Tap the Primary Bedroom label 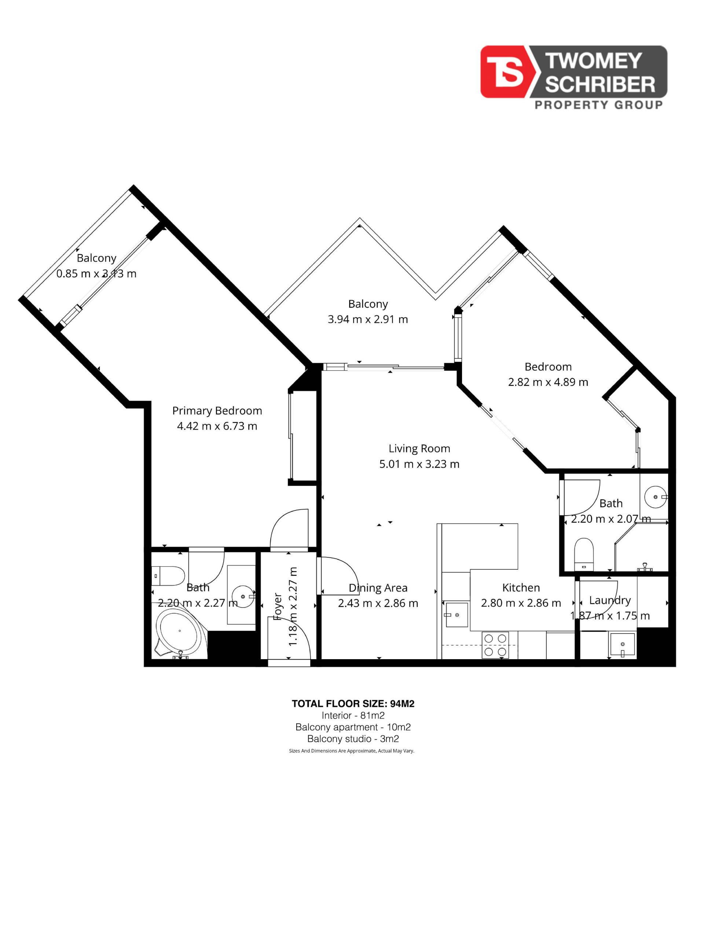[217, 410]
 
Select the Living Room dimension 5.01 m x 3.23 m [419, 464]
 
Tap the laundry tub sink [622, 645]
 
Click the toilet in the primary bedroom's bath [168, 576]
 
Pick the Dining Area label [378, 588]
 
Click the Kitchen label [521, 587]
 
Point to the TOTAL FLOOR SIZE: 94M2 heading [353, 703]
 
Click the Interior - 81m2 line [353, 715]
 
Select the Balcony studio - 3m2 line [353, 739]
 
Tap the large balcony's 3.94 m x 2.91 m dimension [367, 319]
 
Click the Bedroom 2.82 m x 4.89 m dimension [548, 382]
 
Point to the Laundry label [610, 601]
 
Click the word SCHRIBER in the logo [599, 84]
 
